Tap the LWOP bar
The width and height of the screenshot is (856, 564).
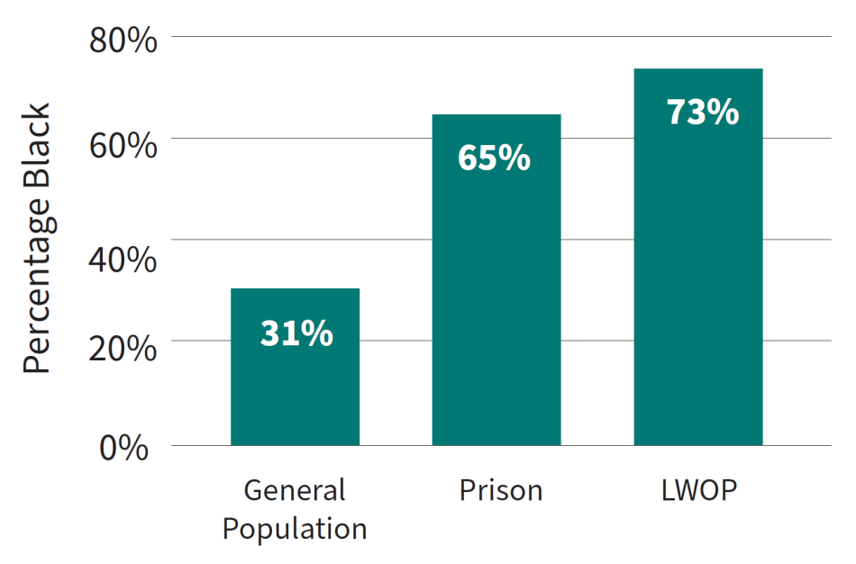[x=698, y=270]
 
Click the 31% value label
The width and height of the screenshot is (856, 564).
[x=296, y=333]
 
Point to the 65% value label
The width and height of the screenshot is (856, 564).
[x=494, y=158]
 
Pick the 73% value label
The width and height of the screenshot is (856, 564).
[x=703, y=113]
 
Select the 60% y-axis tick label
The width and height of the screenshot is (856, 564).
[x=123, y=144]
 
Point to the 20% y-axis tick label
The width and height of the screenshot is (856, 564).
[x=123, y=347]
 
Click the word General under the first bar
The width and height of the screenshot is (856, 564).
[x=295, y=491]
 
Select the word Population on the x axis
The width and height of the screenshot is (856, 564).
[x=295, y=529]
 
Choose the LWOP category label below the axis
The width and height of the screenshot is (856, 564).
[x=699, y=491]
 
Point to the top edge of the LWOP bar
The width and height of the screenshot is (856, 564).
[x=698, y=69]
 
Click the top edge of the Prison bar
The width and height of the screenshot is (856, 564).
[x=496, y=115]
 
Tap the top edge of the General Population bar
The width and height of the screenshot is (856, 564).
[x=295, y=289]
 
